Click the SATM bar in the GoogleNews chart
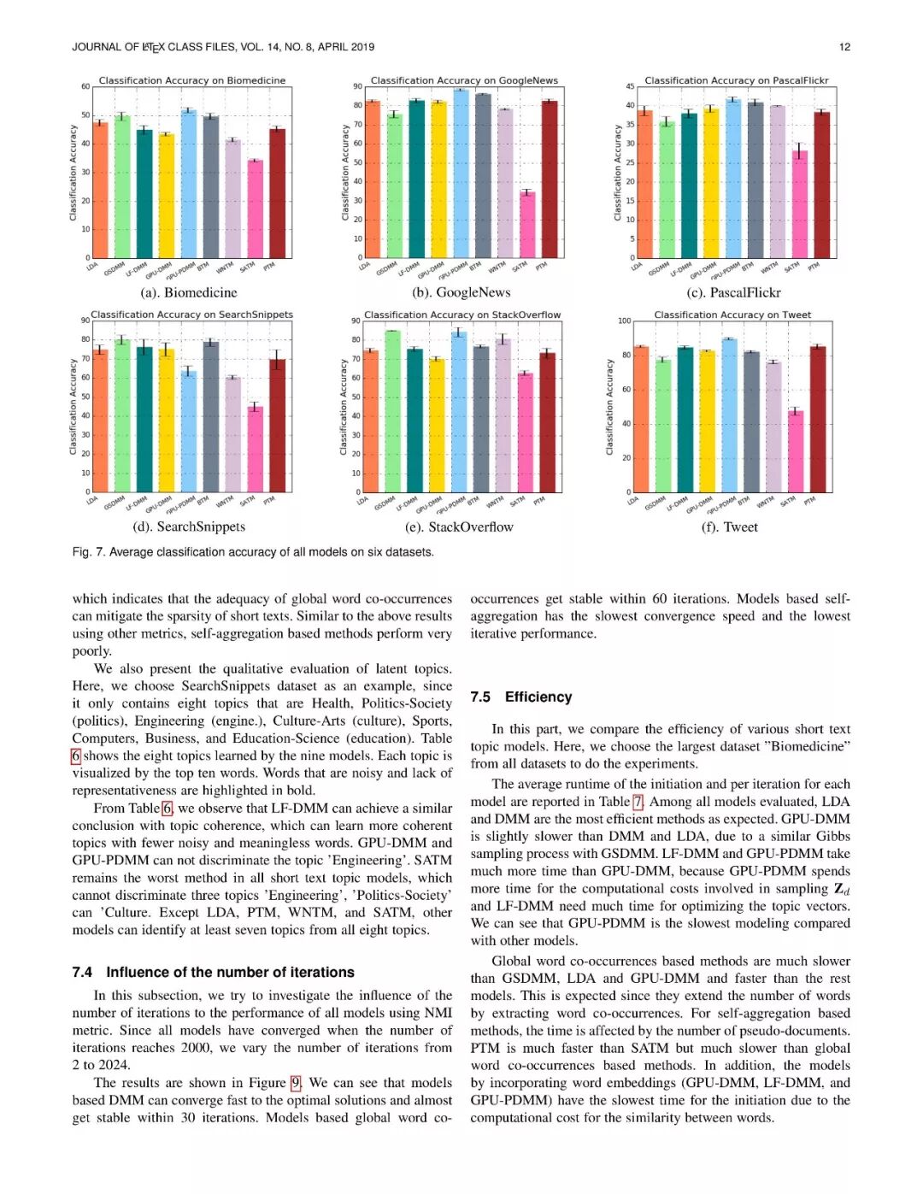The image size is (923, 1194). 527,225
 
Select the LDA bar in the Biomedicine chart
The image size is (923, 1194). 100,190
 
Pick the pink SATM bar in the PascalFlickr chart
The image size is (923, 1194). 800,204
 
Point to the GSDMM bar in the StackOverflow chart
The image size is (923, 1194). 392,411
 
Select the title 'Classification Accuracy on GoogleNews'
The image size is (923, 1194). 464,80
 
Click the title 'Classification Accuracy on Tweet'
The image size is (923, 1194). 732,315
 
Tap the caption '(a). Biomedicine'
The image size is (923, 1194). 189,292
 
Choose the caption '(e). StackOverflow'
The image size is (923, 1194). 459,526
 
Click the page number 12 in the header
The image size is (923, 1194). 844,47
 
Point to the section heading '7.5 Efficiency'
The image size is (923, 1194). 520,697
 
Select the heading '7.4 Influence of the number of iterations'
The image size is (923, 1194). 213,972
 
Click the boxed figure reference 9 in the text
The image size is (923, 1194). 296,1083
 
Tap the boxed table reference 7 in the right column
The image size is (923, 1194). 638,802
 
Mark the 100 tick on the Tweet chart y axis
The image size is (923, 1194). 624,321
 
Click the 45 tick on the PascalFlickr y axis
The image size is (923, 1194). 630,86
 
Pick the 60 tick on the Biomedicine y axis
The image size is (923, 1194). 85,86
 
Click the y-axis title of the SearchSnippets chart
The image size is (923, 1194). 73,406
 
